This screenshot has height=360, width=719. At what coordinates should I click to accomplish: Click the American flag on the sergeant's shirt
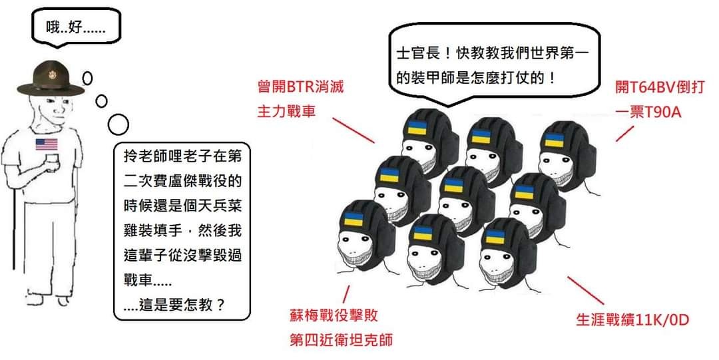point(47,144)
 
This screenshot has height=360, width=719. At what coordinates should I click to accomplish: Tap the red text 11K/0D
point(662,321)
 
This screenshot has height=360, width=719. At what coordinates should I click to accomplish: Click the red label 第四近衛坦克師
point(340,341)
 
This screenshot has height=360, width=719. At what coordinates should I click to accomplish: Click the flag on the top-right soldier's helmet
point(554,140)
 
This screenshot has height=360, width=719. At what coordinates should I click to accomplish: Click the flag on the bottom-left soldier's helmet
point(354,220)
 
